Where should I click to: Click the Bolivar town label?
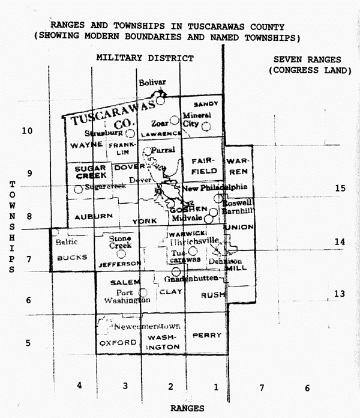tap(152, 82)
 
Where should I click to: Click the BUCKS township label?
tap(72, 257)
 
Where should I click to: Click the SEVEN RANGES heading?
tap(307, 59)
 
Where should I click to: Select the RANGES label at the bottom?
tap(187, 408)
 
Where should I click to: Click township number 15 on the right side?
tap(340, 188)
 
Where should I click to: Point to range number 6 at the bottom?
tap(307, 388)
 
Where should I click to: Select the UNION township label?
tap(240, 227)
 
